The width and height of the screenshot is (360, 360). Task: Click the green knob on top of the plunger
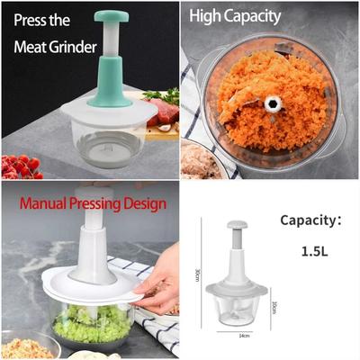click(x=112, y=16)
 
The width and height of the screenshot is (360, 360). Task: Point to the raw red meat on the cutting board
click(x=163, y=112)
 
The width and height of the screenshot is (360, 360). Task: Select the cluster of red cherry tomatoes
click(x=20, y=166)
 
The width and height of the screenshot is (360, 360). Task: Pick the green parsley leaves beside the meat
click(x=163, y=94)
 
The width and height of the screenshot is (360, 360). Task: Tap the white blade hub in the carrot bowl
click(x=271, y=104)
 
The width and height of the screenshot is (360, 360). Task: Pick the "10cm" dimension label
click(x=274, y=308)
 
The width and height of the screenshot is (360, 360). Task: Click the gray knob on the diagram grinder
click(x=236, y=226)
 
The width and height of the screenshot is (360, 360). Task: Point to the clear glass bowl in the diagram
click(x=236, y=310)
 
